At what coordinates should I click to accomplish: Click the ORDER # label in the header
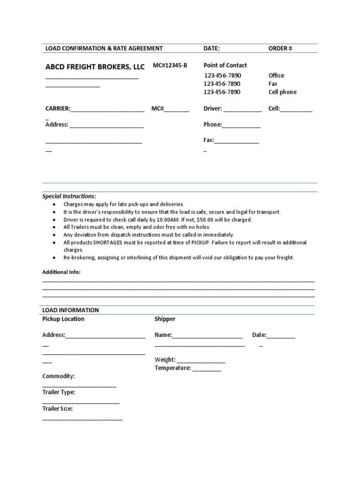[x=280, y=48]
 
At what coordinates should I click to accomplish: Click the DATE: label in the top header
[x=211, y=48]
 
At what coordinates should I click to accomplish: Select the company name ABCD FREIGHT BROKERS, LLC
[x=95, y=67]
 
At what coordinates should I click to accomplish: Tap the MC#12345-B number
[x=170, y=65]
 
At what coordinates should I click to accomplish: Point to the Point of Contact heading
[x=225, y=65]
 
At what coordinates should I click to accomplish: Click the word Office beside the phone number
[x=276, y=75]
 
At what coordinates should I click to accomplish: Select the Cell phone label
[x=282, y=92]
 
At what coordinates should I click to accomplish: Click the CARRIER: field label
[x=58, y=109]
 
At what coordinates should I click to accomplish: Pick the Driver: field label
[x=212, y=109]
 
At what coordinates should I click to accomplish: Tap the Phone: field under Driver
[x=212, y=125]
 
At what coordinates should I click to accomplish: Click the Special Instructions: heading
[x=69, y=196]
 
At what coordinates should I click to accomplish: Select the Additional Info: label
[x=61, y=272]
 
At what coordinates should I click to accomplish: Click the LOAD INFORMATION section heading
[x=71, y=310]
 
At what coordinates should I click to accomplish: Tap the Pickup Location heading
[x=63, y=319]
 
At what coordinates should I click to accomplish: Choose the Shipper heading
[x=165, y=319]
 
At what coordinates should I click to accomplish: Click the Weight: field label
[x=165, y=360]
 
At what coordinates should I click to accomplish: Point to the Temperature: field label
[x=172, y=368]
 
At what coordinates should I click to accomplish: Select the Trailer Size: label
[x=57, y=408]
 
